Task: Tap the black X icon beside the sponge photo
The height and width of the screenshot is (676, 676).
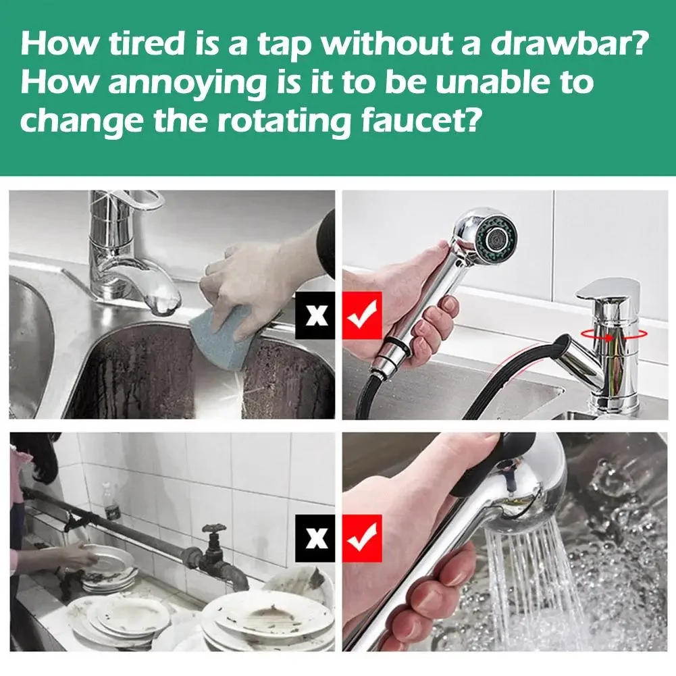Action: (315, 315)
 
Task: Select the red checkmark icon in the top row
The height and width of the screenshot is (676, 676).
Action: (362, 315)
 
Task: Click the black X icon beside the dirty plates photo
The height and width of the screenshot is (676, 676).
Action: (315, 538)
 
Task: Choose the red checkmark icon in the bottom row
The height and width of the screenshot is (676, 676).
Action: (362, 538)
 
